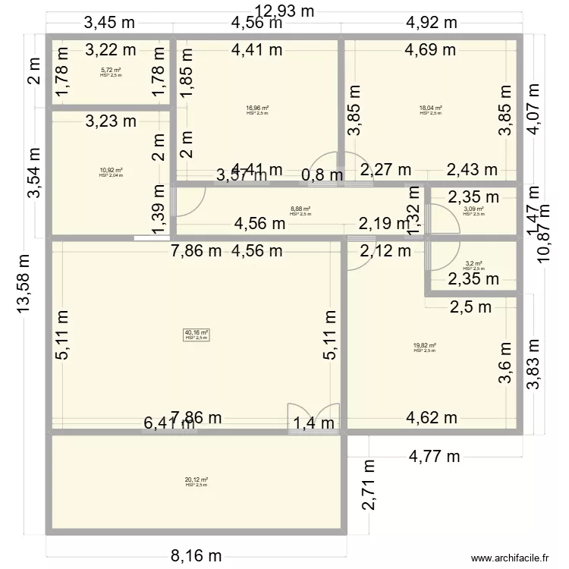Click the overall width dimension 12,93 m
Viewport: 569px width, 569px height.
pos(284,11)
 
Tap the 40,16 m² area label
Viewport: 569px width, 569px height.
pos(196,334)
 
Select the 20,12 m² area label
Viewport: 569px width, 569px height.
pos(196,481)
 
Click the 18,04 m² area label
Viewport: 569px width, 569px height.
pos(430,109)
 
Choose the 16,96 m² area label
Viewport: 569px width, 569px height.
pos(257,109)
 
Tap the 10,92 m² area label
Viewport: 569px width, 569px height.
pos(111,171)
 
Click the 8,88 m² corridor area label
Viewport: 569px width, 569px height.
pos(300,211)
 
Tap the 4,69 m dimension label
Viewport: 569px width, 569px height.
pos(430,51)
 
